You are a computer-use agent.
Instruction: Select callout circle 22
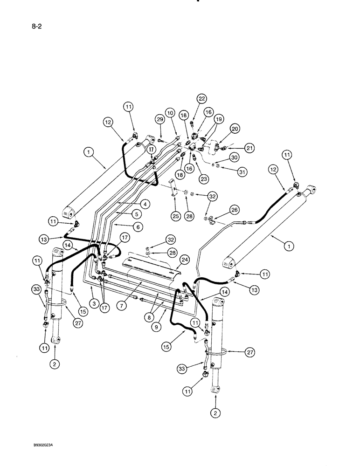pos(201,99)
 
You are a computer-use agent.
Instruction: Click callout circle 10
pos(170,113)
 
